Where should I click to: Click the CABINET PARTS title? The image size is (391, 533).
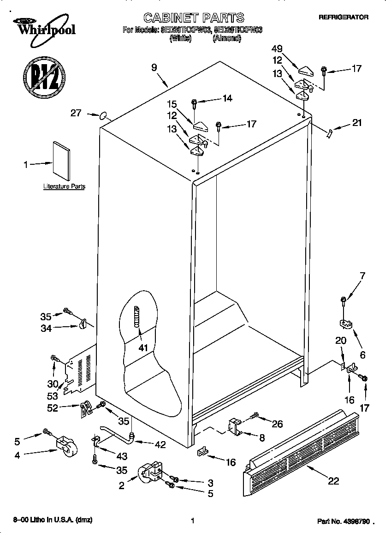[193, 18]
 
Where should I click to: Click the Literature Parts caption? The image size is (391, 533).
[64, 186]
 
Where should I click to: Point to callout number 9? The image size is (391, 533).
[154, 67]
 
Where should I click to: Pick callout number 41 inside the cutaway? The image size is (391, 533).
[143, 347]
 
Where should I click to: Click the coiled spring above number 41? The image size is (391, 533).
[136, 317]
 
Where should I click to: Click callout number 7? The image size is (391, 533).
[362, 276]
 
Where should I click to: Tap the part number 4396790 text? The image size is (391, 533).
[344, 521]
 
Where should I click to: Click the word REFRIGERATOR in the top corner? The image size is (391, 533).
[344, 17]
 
